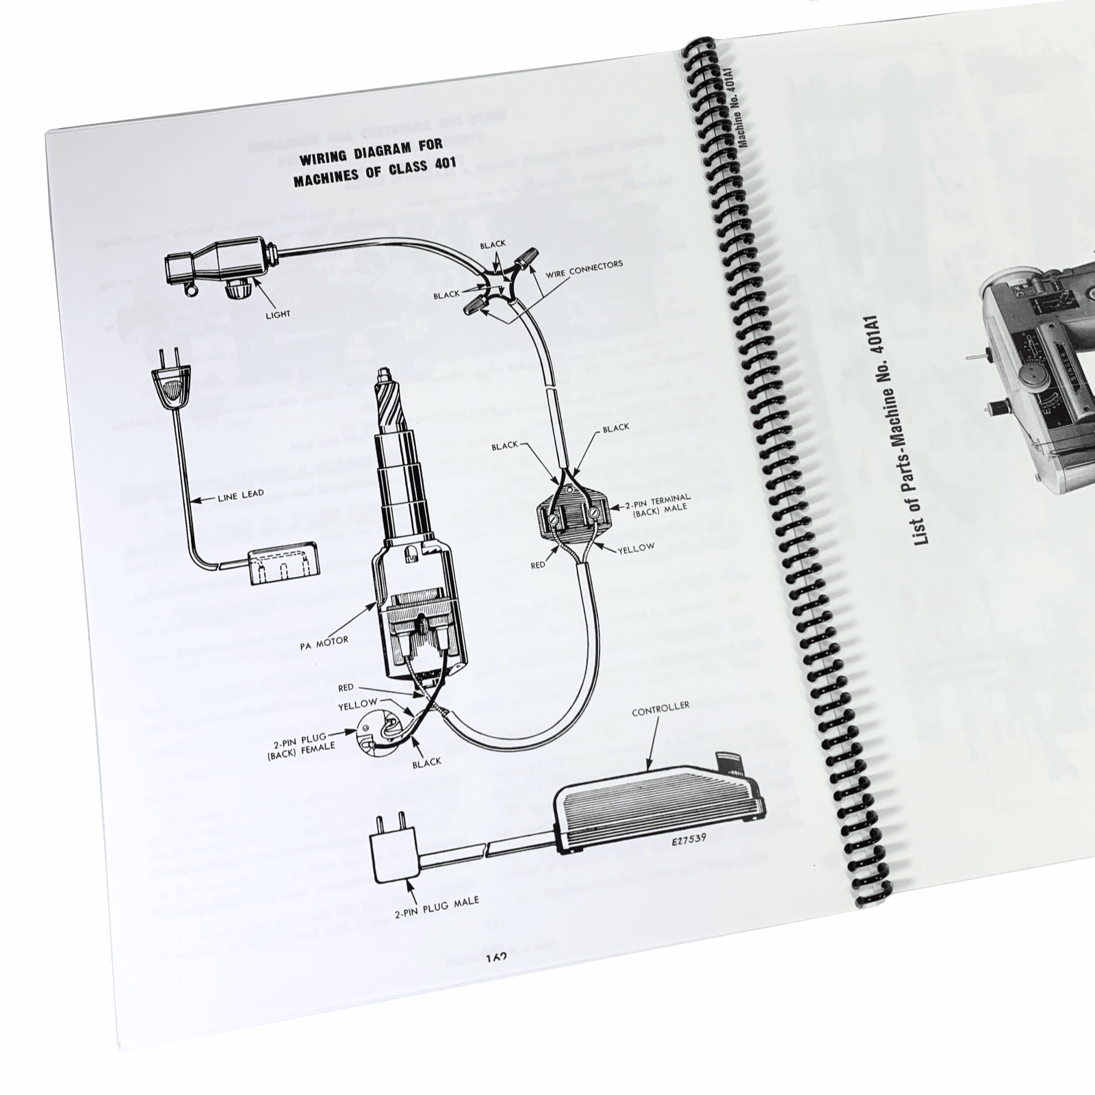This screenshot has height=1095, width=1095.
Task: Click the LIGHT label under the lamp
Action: [278, 314]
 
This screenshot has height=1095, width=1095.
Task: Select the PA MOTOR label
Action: [324, 641]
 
